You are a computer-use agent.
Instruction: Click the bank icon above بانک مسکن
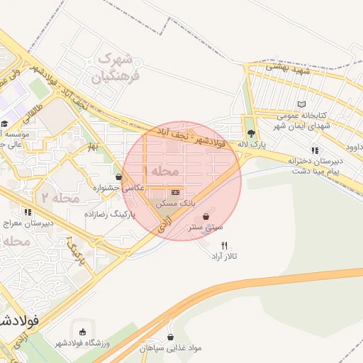pyautogui.click(x=175, y=192)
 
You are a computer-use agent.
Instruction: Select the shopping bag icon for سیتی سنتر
pyautogui.click(x=206, y=216)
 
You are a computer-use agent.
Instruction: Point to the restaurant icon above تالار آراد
pyautogui.click(x=225, y=245)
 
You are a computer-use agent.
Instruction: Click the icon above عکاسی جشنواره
pyautogui.click(x=118, y=177)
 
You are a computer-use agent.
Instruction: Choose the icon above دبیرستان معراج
pyautogui.click(x=28, y=211)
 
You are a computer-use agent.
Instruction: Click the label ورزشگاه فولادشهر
pyautogui.click(x=82, y=344)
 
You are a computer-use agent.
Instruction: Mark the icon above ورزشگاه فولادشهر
pyautogui.click(x=83, y=332)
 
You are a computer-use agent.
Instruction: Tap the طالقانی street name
pyautogui.click(x=33, y=114)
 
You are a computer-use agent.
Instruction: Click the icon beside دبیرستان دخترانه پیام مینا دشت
pyautogui.click(x=315, y=150)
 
